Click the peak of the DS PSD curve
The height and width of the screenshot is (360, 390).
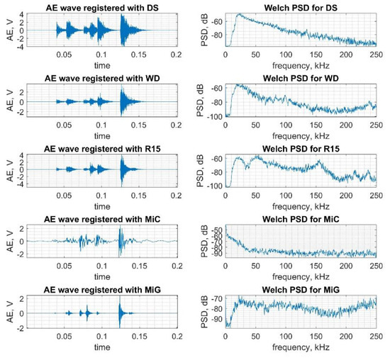240,14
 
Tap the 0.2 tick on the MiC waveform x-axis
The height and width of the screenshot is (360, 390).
176,266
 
